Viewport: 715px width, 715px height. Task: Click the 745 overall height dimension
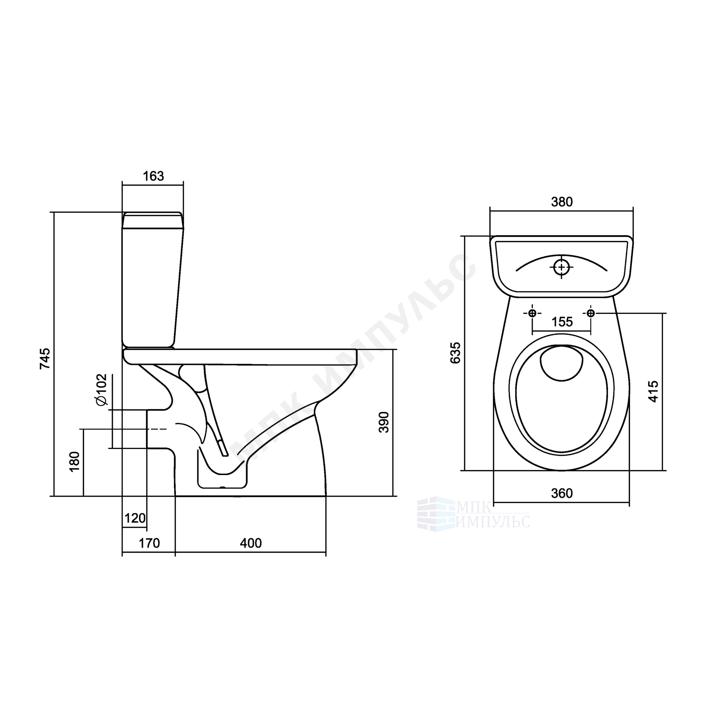(45, 358)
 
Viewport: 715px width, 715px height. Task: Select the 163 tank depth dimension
(153, 176)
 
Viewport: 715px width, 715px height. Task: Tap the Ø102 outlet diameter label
(101, 390)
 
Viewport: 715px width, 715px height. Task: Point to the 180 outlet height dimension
(74, 462)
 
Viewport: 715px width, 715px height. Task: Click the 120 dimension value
(135, 518)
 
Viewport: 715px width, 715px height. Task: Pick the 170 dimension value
(149, 543)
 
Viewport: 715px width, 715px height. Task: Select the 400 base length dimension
(251, 543)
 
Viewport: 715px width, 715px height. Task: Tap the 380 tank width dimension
(562, 202)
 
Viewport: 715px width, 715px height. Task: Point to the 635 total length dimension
(455, 353)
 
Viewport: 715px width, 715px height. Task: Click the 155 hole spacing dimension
(562, 322)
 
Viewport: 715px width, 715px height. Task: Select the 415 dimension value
(653, 391)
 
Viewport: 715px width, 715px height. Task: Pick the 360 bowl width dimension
(562, 493)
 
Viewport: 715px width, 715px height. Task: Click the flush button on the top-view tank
(561, 267)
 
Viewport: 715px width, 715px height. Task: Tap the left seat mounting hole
(532, 314)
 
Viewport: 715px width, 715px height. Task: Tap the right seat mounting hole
(591, 314)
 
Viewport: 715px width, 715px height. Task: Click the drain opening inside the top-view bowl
(562, 363)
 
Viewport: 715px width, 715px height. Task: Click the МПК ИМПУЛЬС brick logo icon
(435, 514)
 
